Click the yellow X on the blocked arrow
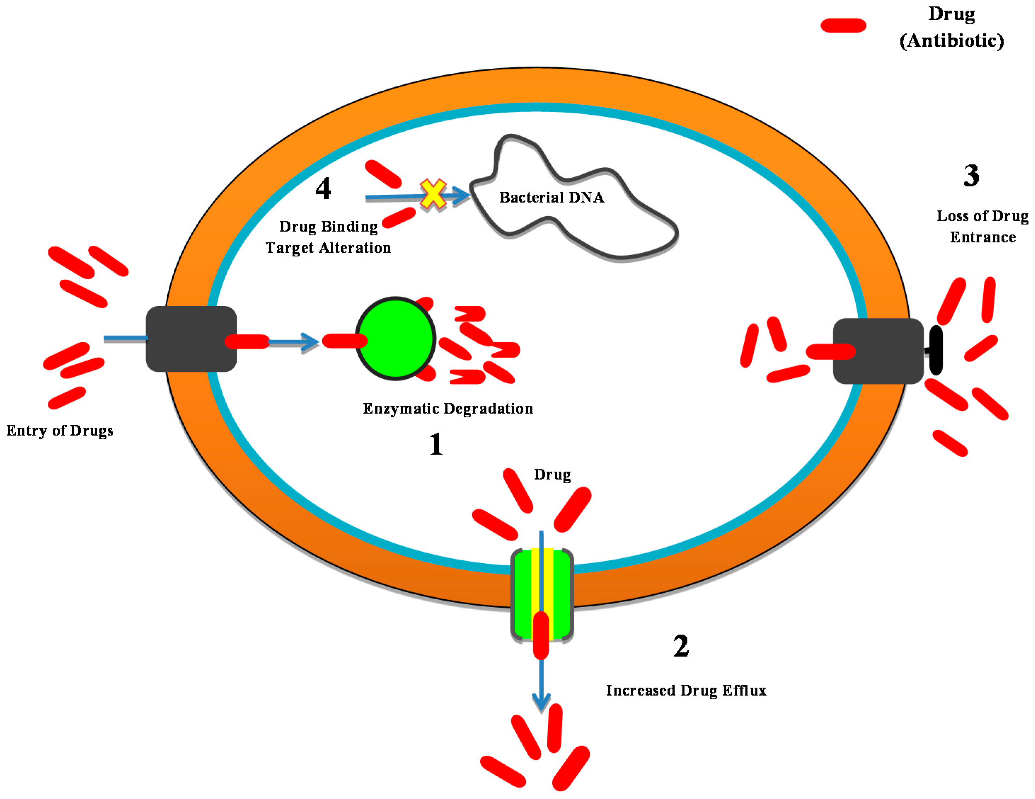pos(433,194)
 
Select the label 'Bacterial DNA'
pos(551,198)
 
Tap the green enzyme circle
pos(395,338)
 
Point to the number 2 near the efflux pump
pos(681,646)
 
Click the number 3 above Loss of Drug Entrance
pos(971,176)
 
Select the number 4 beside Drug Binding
pos(323,188)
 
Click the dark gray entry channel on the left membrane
pos(191,338)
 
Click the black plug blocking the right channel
pos(936,350)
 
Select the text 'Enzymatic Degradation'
pos(448,409)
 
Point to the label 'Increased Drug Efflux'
pos(686,690)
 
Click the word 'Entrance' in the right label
pos(983,237)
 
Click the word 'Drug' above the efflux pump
pos(552,475)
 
